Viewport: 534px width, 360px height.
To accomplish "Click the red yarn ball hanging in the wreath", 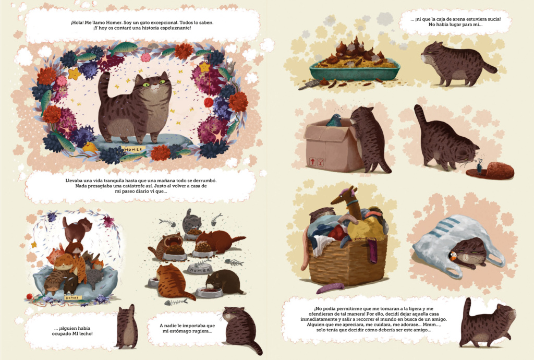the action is tap(209, 102).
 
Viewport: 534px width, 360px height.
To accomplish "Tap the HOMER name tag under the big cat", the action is tap(133, 150).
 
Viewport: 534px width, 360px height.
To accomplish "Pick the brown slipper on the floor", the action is tap(490, 170).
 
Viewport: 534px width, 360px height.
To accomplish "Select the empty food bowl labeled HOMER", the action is tap(199, 269).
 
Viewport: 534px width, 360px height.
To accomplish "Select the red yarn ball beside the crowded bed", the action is tap(30, 296).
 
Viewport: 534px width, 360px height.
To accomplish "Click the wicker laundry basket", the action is tap(348, 259).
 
